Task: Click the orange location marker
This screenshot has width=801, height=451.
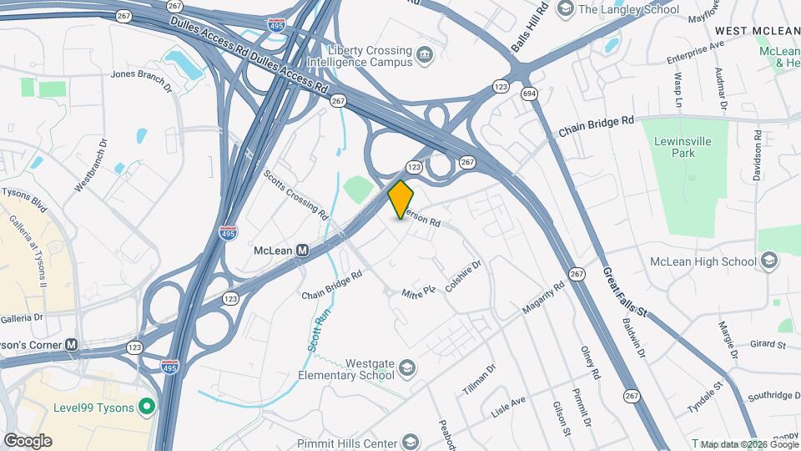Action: (x=400, y=199)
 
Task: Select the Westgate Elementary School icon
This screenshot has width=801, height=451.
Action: (x=406, y=368)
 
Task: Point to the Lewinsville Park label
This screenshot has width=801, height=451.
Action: (x=682, y=148)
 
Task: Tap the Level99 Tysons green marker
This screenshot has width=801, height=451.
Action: (x=147, y=407)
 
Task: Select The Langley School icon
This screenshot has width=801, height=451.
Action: (x=565, y=9)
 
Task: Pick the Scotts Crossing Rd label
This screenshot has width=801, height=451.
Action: (x=295, y=193)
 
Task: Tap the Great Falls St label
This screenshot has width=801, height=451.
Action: (x=625, y=291)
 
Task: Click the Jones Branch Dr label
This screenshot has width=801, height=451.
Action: (x=141, y=79)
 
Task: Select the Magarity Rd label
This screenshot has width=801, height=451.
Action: (x=544, y=296)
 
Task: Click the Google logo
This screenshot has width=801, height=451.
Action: (x=28, y=441)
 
